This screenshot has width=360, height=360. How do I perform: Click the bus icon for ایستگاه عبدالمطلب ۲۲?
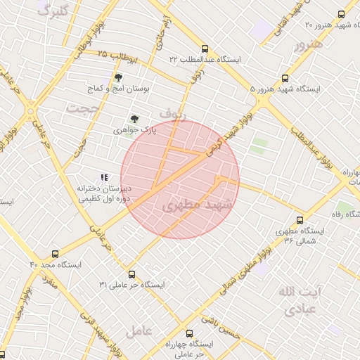point(205,49)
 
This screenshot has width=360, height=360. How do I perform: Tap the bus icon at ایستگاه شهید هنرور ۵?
point(285,78)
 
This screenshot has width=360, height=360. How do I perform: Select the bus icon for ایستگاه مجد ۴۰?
point(56,253)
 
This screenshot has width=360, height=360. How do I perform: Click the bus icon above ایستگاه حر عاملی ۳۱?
point(131,274)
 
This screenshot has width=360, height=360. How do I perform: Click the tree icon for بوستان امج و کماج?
point(117,78)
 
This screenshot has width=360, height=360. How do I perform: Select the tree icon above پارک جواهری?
point(134,119)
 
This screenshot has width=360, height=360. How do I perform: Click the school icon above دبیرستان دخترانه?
point(104,177)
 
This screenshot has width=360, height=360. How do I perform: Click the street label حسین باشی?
point(221,328)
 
